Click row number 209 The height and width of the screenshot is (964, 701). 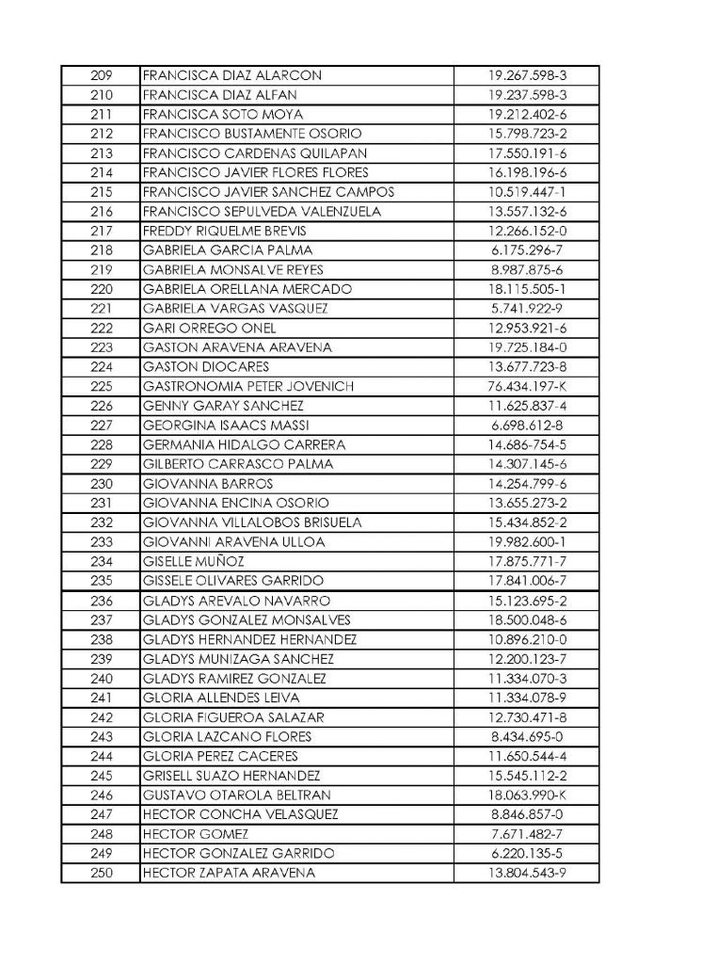tap(101, 74)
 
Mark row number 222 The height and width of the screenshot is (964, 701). tap(101, 328)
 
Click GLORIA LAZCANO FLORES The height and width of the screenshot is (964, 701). tap(218, 736)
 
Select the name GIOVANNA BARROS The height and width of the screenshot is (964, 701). tap(194, 483)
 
